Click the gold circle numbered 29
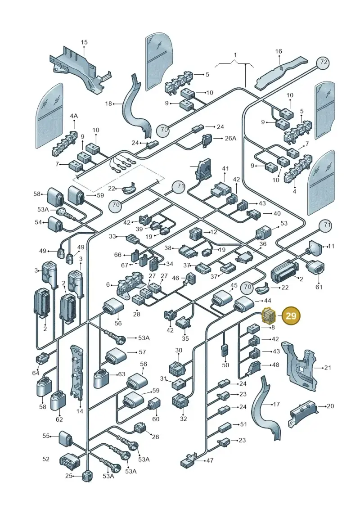(x=291, y=315)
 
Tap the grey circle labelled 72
(x=324, y=63)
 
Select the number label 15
(x=84, y=42)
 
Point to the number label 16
(x=279, y=51)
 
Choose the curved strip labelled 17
(x=268, y=410)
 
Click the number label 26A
(x=230, y=138)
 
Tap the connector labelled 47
(x=189, y=459)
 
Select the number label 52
(x=46, y=459)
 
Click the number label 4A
(x=74, y=116)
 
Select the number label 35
(x=185, y=339)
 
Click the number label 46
(x=175, y=278)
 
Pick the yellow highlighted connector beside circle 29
(x=269, y=315)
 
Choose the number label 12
(x=214, y=232)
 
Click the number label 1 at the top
(x=235, y=55)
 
